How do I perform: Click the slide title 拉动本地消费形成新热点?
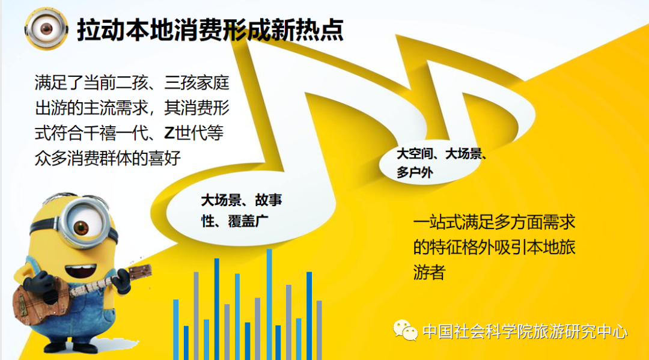[210, 30]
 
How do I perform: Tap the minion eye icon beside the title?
[46, 29]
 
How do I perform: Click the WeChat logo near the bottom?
[405, 331]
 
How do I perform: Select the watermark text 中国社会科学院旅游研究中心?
[525, 332]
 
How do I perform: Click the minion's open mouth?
[81, 271]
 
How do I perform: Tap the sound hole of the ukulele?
[50, 297]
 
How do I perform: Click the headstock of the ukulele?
[139, 271]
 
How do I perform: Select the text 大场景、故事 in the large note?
[242, 201]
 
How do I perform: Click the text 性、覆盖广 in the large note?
[235, 221]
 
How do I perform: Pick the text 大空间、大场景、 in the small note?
[442, 154]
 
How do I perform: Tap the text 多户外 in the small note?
[415, 172]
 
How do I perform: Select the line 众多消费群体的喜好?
[108, 158]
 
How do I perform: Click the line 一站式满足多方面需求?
[494, 222]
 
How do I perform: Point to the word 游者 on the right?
[429, 273]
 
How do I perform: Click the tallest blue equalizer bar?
[269, 304]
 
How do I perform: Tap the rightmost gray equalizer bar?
[319, 330]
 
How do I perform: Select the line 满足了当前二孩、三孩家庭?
[132, 83]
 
